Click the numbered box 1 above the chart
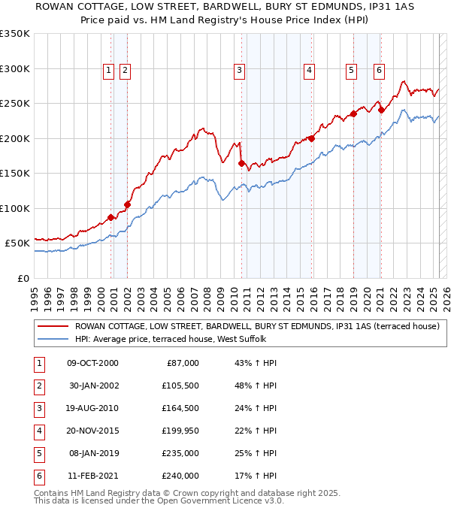coord(109,71)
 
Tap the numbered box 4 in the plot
coord(309,71)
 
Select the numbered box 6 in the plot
coord(379,71)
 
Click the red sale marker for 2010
coord(242,163)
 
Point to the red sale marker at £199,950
coord(311,138)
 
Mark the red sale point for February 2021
coord(381,110)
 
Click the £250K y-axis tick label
coord(14,103)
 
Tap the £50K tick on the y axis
coord(17,243)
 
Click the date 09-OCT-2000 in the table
coord(92,364)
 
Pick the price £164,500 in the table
coord(180,409)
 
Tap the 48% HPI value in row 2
coord(256,386)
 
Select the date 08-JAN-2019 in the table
coord(93,454)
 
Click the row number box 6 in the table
coord(37,476)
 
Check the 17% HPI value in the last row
coord(256,476)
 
